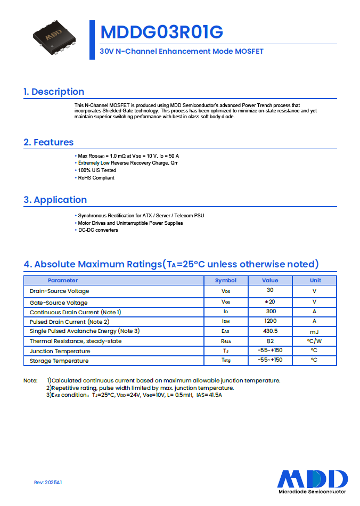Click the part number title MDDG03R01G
[161, 32]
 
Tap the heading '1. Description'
[54, 92]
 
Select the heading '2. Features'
[48, 142]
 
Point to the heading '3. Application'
[55, 200]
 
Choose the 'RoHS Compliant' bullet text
[96, 178]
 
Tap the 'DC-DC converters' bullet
[98, 230]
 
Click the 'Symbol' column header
[226, 280]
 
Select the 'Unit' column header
[315, 280]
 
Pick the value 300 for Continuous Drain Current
[271, 311]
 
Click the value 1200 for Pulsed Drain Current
[271, 321]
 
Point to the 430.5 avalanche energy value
[271, 331]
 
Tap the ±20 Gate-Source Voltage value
[271, 301]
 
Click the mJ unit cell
[315, 331]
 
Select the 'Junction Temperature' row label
[60, 351]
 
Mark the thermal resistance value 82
[271, 340]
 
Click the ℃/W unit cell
[315, 341]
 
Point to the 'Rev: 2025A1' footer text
[48, 482]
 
